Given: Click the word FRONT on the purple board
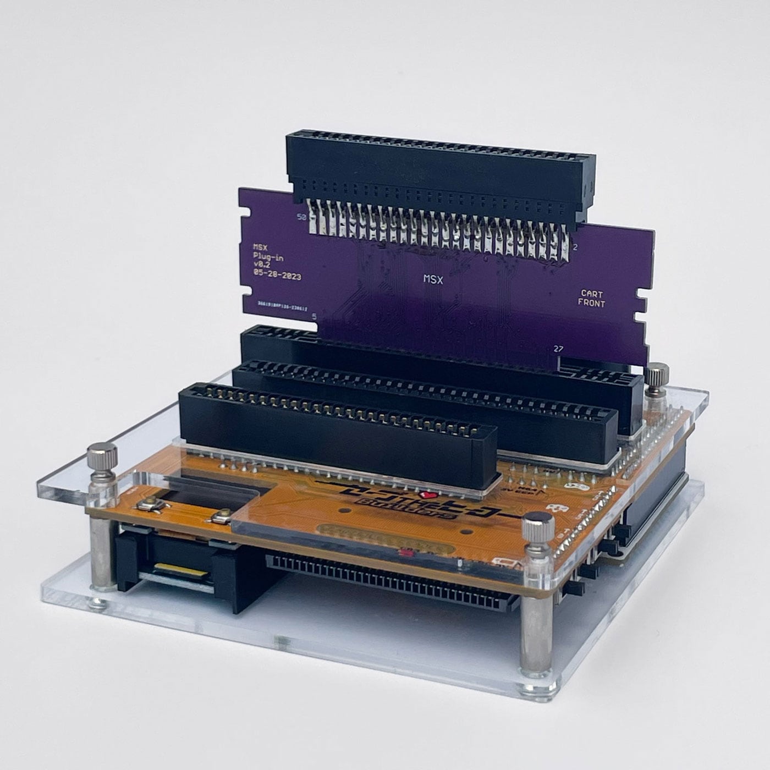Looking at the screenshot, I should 591,304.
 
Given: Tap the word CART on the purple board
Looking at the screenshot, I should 592,294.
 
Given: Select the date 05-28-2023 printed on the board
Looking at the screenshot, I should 277,277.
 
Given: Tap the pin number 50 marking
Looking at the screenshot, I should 301,217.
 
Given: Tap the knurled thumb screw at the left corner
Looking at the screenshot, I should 102,457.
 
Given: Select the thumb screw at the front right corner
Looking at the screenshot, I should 538,527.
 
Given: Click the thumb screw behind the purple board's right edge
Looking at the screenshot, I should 656,377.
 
